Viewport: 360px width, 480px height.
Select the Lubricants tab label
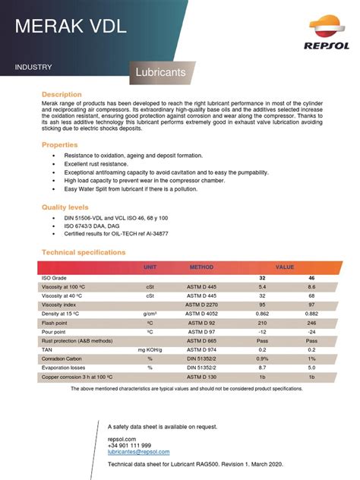161,74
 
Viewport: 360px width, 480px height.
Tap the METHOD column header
202,267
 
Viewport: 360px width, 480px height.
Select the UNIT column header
150,267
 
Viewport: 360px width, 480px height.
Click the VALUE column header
285,267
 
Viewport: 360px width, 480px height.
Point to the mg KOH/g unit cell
150,349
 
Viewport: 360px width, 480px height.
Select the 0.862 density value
263,313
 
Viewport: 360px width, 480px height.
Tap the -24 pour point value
311,331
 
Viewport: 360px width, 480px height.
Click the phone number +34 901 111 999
129,445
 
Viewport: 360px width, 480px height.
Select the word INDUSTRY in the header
33,68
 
